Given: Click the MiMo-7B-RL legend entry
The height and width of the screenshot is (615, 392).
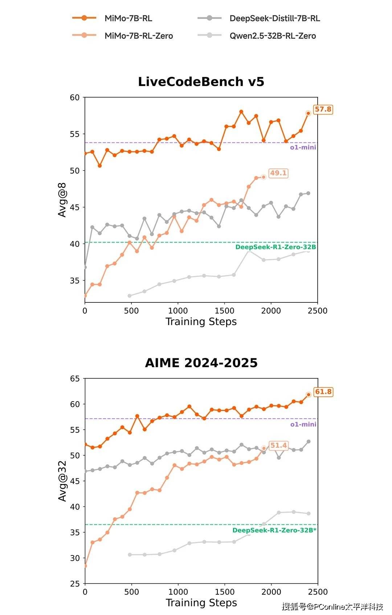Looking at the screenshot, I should [x=128, y=18].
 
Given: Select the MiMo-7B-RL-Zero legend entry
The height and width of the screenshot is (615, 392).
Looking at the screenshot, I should [x=138, y=36].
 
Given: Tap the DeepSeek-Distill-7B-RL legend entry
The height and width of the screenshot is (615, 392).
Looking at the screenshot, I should [x=274, y=18].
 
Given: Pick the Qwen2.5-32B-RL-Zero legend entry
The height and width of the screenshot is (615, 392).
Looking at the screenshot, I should [x=272, y=36].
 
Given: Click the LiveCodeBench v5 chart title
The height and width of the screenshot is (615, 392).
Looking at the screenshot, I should [x=201, y=82].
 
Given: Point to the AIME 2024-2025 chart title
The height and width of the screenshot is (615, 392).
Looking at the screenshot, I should [x=201, y=363].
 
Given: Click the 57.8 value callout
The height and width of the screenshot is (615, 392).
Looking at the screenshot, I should [x=323, y=109].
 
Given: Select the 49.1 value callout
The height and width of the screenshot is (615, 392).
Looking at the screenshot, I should [x=278, y=173].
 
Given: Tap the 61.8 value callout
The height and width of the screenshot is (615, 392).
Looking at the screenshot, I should [x=323, y=392].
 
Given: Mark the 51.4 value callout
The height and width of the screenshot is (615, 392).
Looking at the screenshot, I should [x=278, y=445].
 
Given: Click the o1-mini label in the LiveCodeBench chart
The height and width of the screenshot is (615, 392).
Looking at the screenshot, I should [x=303, y=147].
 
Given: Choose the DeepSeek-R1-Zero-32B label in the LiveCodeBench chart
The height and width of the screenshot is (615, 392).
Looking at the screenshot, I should [x=275, y=247].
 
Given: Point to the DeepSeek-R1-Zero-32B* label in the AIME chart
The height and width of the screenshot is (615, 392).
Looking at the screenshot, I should [x=274, y=530].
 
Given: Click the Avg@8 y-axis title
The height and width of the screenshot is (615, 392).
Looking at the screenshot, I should [x=62, y=200].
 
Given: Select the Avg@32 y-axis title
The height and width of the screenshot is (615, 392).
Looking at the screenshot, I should [x=62, y=481].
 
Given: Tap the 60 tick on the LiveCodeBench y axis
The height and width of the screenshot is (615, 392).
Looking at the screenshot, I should [x=75, y=97].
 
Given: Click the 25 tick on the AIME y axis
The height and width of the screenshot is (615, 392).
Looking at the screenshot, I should [x=75, y=584].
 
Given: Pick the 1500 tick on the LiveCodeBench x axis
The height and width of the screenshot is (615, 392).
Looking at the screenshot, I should [x=224, y=311].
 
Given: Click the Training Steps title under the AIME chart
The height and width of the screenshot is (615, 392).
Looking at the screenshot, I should [x=201, y=603].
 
